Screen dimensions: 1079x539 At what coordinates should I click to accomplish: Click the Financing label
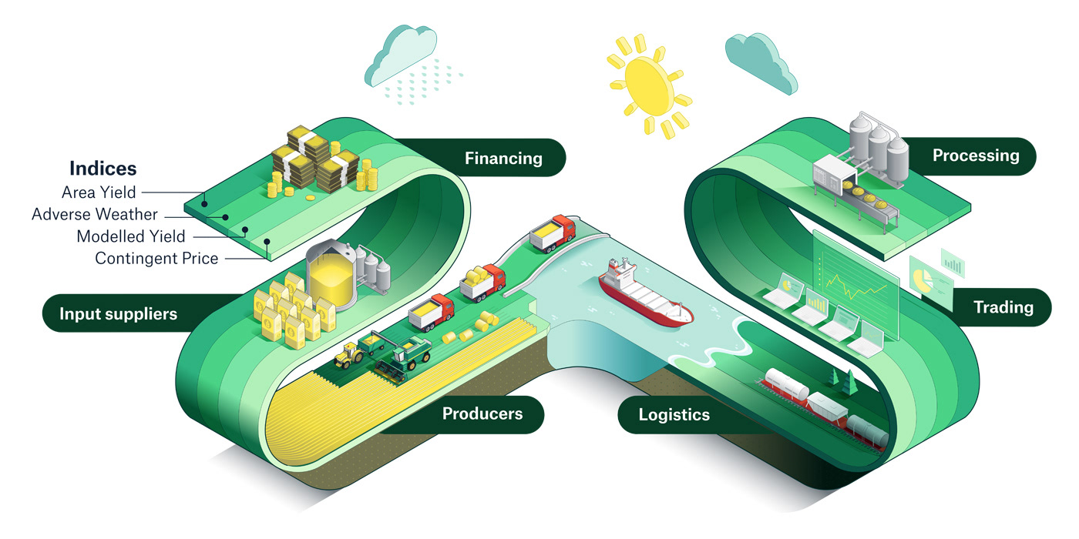coord(503,159)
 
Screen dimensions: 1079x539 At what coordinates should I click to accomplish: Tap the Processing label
coord(975,156)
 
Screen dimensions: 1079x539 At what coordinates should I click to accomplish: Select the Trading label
coord(1003,307)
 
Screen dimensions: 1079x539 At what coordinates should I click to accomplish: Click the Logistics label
coord(674,415)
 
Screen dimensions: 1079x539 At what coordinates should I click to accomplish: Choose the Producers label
coord(482,413)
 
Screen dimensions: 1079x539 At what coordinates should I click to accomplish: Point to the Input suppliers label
coord(118,313)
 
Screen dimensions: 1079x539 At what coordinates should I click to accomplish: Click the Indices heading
coord(103,168)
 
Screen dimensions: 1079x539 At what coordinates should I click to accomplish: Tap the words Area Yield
coord(99,192)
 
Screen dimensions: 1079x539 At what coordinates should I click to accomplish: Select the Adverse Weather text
coord(94,214)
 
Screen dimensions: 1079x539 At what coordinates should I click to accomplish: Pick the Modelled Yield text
coord(130,236)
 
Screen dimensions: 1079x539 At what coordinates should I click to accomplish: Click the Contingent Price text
coord(156,259)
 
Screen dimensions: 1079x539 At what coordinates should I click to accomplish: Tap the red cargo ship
coord(644,293)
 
